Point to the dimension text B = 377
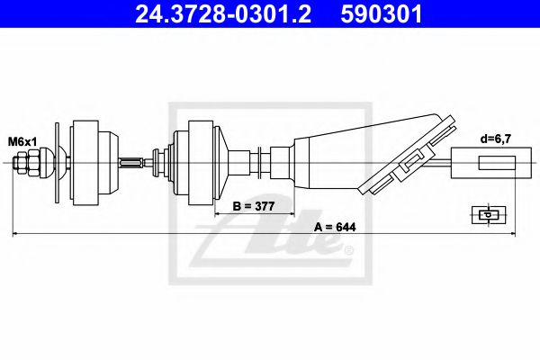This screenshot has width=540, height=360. [255, 206]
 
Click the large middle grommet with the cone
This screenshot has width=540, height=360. [200, 163]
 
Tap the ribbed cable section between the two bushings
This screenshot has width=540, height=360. [132, 163]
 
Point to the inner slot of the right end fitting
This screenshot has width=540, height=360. [495, 164]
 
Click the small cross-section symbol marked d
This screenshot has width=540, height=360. [486, 214]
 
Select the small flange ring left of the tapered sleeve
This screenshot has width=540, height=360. [263, 163]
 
